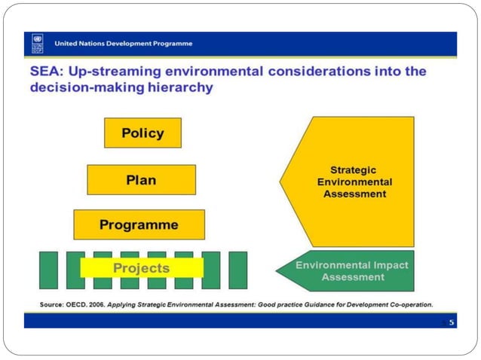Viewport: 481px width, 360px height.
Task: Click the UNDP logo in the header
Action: [37, 44]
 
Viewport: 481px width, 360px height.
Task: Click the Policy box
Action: [142, 133]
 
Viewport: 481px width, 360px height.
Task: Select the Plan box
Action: [141, 180]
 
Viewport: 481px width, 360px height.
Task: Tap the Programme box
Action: [139, 224]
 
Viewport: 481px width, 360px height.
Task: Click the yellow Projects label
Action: [142, 268]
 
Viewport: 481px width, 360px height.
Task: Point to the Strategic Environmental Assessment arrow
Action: [354, 182]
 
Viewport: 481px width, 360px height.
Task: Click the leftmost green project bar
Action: [48, 270]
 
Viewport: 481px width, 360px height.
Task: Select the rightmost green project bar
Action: [237, 270]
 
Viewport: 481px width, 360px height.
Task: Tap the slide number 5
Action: [452, 322]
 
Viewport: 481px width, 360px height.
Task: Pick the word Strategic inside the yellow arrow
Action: [354, 170]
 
